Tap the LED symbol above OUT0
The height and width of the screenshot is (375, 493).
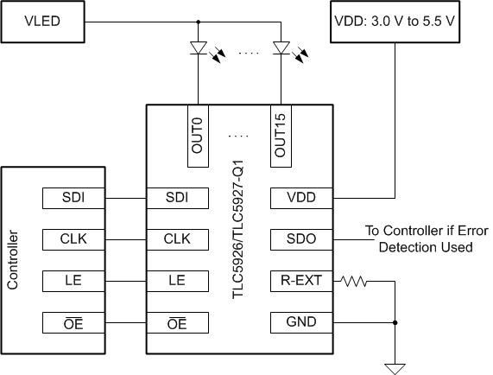199,49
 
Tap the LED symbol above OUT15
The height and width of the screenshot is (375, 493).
281,49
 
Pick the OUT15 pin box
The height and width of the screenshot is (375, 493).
281,135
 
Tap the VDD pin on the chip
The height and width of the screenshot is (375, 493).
304,198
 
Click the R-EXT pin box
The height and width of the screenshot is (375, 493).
304,281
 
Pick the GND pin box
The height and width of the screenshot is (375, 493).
304,322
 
